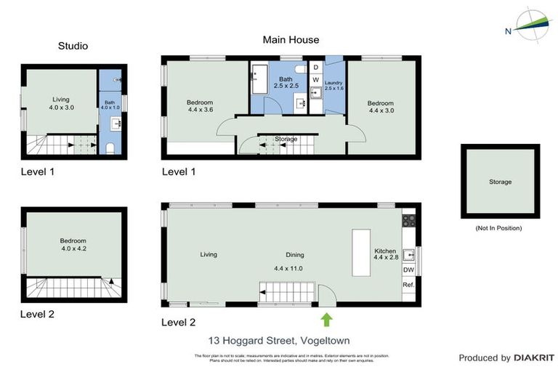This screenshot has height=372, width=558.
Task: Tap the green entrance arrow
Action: [326, 319]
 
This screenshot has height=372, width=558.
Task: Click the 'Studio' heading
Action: [73, 46]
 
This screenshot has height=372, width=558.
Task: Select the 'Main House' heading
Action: [291, 40]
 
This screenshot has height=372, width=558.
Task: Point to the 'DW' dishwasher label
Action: [408, 270]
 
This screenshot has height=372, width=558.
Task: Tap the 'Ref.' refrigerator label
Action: [408, 285]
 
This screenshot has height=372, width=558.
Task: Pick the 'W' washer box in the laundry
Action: [316, 79]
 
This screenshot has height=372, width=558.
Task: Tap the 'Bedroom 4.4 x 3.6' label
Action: [199, 107]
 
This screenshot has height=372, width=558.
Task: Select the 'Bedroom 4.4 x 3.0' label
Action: [381, 107]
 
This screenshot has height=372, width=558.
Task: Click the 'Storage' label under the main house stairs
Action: [286, 139]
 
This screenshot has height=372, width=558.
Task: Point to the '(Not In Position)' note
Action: [498, 228]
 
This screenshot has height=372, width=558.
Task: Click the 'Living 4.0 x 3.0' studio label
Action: [62, 103]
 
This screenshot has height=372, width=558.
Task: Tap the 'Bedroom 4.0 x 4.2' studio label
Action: [73, 245]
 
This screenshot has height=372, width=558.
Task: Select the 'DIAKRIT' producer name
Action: [534, 358]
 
